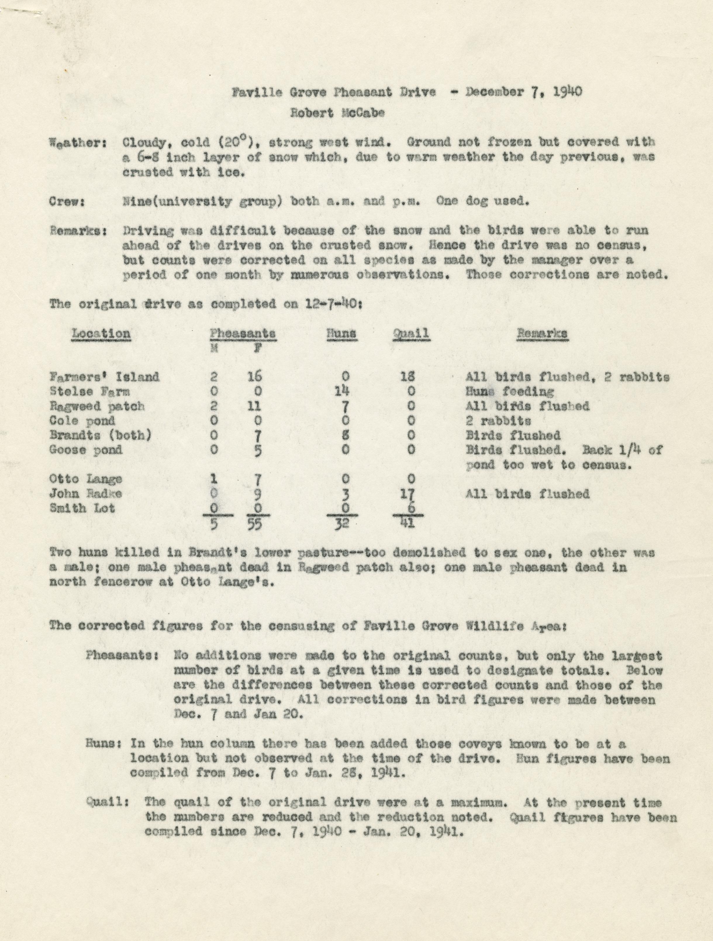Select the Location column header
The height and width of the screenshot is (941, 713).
point(101,333)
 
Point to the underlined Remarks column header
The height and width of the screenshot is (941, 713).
point(542,333)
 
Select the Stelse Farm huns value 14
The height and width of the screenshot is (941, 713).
point(345,391)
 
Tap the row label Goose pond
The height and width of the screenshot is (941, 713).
point(86,450)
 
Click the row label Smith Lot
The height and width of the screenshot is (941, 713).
point(82,508)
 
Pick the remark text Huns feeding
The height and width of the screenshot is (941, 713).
point(510,391)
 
